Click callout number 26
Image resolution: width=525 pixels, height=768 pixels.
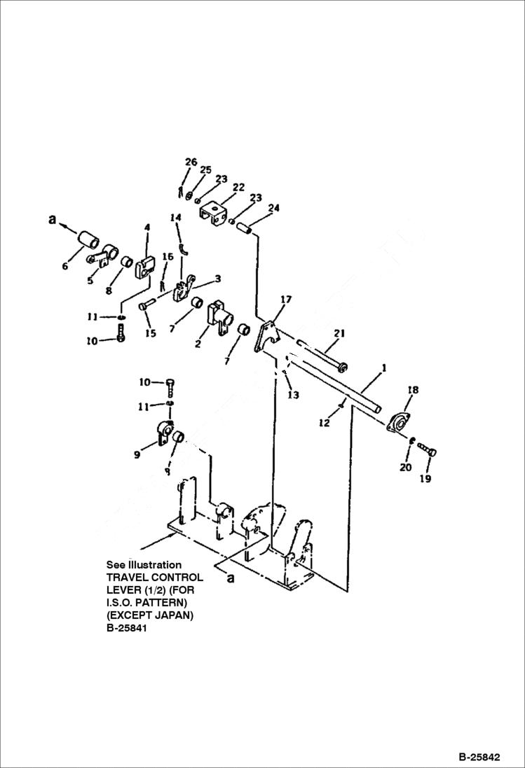coord(191,162)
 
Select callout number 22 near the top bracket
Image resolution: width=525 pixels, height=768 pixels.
coord(238,188)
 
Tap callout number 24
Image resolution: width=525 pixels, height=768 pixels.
coord(273,208)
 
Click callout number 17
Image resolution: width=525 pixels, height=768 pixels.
coord(285,300)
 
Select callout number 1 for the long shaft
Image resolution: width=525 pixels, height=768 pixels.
coord(383,367)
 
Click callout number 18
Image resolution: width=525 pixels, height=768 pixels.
coord(413,390)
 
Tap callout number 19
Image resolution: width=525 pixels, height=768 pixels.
coord(426,479)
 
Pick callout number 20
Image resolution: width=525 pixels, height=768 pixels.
coord(405,468)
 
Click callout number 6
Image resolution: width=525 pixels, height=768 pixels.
coord(65,266)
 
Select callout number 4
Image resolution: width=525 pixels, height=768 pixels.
coord(147,227)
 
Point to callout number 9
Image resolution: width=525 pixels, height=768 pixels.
coord(137,454)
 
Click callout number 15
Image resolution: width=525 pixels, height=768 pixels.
coord(150,334)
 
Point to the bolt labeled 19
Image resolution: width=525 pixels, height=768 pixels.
coord(430,452)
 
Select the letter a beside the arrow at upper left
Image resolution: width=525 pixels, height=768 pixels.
coord(51,219)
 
